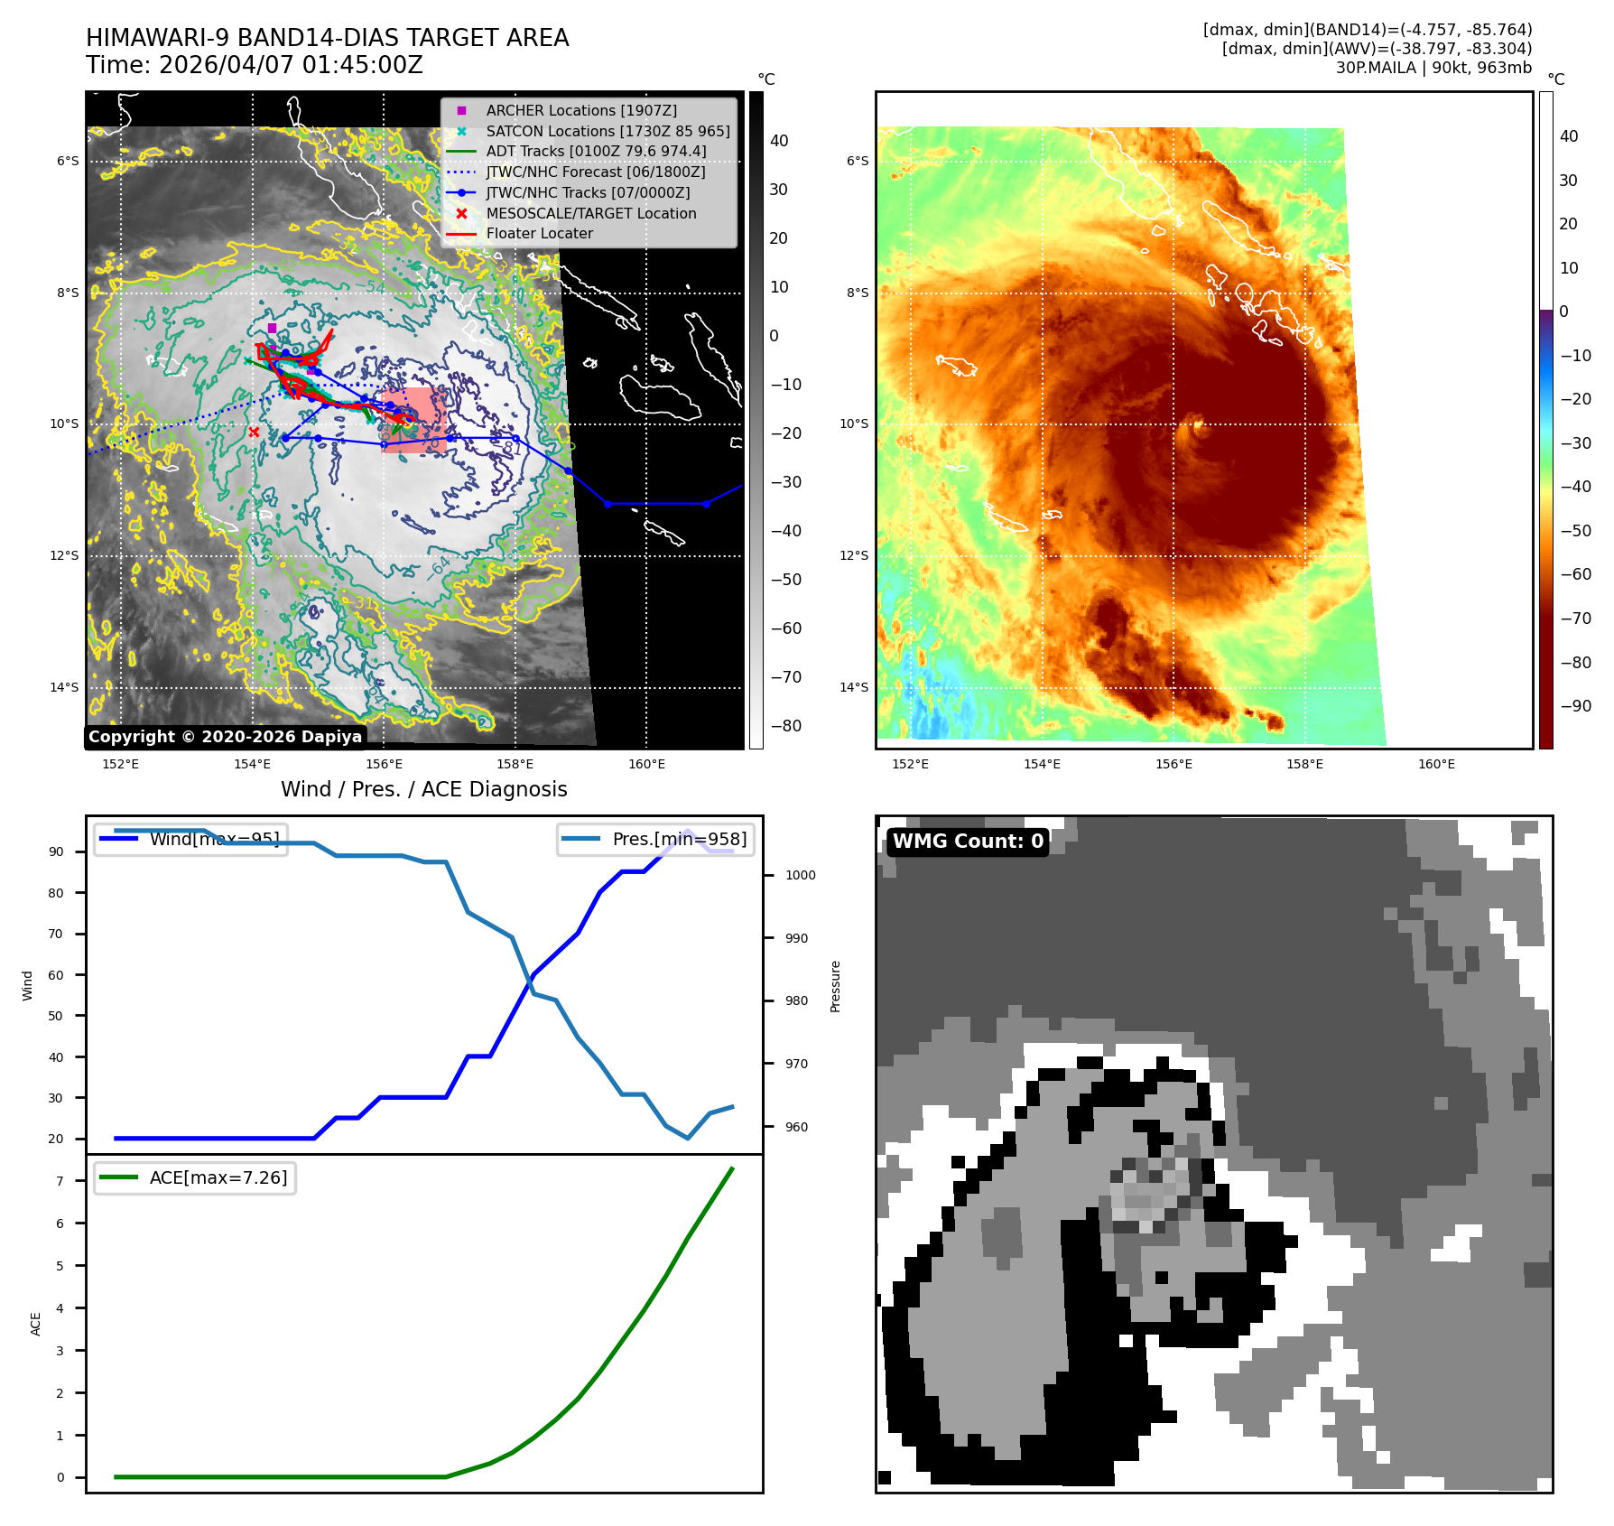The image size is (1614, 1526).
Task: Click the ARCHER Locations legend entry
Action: point(580,110)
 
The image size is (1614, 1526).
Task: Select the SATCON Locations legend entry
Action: point(607,131)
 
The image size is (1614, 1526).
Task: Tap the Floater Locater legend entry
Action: point(539,233)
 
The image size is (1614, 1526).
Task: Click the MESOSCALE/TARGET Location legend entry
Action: point(590,213)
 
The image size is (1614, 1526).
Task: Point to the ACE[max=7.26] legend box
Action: point(195,1177)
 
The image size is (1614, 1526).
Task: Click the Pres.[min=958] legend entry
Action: point(656,839)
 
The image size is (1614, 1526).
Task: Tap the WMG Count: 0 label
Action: point(968,842)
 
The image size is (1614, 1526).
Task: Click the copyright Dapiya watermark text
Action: point(225,737)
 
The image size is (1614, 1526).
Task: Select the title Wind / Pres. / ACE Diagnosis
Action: point(423,789)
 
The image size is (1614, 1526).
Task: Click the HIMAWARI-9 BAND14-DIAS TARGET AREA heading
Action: point(327,38)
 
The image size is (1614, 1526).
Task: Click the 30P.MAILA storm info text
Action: point(1433,68)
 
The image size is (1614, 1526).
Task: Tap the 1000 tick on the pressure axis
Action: point(800,875)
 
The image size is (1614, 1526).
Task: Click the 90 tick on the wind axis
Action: point(56,851)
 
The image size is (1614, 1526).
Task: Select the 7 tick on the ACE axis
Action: point(60,1181)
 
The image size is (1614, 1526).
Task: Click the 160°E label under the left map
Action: point(646,764)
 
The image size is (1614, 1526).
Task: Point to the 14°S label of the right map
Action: point(854,687)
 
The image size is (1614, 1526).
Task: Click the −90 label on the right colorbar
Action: point(1576,706)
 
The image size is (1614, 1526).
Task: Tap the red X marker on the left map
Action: point(254,433)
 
